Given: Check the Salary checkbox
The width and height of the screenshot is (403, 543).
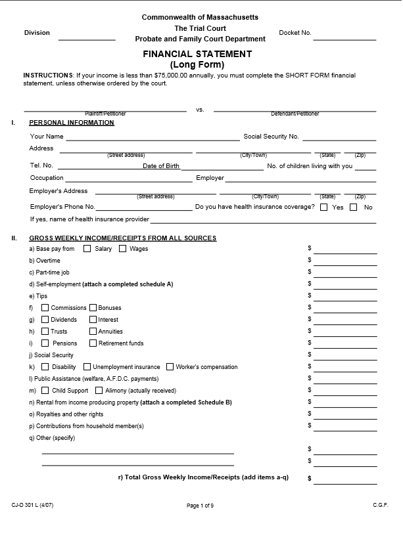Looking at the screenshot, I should (87, 249).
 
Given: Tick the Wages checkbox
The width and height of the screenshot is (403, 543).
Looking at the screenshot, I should (122, 249).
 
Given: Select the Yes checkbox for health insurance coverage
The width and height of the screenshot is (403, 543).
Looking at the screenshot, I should (323, 207).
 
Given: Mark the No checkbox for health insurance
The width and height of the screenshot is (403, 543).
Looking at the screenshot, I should (354, 207).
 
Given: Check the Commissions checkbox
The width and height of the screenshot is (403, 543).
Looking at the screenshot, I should (45, 308).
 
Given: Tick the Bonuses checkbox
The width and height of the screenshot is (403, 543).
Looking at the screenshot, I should (93, 308).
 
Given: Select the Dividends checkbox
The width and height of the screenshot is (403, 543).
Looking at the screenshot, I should (45, 320).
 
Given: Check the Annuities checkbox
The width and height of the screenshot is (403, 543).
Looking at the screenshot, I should (93, 332).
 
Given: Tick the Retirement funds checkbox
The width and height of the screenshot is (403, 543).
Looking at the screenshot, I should (93, 343).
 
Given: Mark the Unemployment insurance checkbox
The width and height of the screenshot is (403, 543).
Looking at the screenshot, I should (87, 367).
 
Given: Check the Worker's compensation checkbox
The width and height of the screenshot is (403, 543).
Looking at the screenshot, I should (170, 367).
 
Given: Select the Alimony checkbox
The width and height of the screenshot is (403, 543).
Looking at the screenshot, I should (99, 391).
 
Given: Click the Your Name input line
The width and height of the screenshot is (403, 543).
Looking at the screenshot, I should (153, 138).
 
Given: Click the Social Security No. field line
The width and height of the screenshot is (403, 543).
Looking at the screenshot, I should (339, 138).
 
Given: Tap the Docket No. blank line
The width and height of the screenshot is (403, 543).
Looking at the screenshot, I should (344, 38).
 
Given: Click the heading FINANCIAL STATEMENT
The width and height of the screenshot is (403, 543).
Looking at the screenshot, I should (197, 54).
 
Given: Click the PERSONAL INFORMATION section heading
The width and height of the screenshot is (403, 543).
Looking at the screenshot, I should (72, 123).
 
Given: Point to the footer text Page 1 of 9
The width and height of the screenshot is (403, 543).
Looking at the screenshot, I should (200, 506).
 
